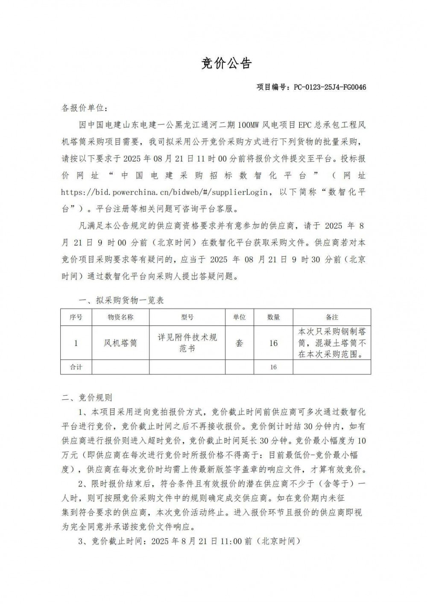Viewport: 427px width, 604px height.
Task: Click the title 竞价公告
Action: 226,63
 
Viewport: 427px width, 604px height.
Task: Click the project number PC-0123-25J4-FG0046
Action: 330,87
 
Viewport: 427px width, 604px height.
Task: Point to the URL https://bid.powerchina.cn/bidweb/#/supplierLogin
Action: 165,192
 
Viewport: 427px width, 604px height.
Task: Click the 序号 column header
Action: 76,317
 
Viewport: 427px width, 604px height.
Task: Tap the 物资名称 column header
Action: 120,317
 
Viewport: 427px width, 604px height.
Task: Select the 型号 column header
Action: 187,317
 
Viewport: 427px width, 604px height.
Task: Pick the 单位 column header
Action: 239,317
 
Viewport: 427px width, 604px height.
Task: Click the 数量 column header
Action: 273,317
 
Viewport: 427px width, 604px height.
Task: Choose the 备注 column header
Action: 332,317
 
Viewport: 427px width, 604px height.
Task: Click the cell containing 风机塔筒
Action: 120,343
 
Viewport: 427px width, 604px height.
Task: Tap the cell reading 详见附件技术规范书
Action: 187,343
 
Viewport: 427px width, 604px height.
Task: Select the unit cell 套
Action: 239,343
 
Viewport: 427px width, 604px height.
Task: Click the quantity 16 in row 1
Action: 273,343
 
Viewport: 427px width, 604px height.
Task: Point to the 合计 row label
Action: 76,367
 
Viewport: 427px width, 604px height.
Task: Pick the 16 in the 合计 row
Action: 273,367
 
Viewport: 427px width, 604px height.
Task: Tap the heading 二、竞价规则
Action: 87,398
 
